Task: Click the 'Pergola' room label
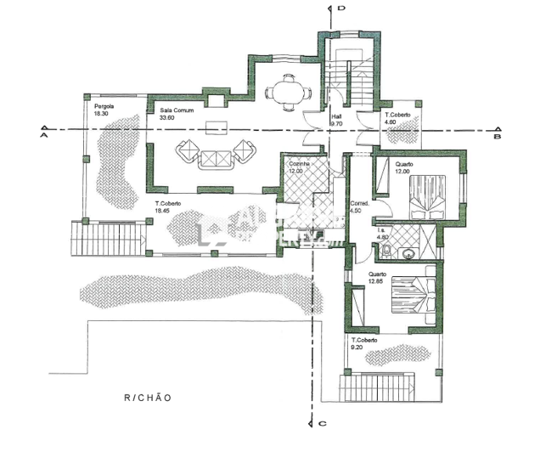tap(104, 106)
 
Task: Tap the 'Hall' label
tap(336, 116)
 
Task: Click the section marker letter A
tap(42, 133)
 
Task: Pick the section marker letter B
tap(498, 134)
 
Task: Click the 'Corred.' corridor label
tap(358, 204)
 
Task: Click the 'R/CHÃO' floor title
tap(148, 398)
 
